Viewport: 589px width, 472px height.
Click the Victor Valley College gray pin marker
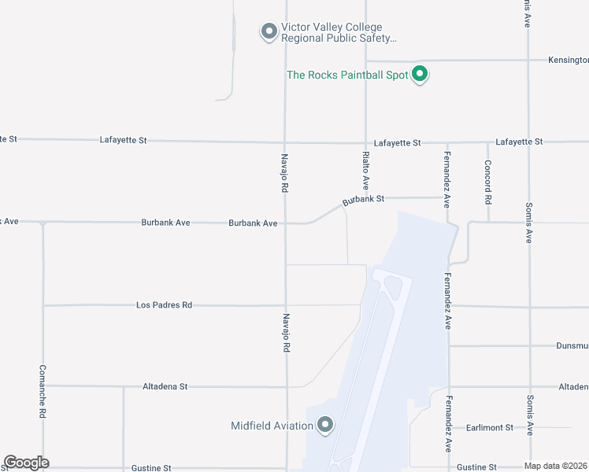[269, 31]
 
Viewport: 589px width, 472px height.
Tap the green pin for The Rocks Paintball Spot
[420, 74]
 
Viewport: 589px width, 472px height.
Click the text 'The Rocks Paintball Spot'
[348, 75]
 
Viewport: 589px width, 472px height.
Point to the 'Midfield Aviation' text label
[272, 426]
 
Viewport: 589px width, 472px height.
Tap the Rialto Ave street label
[366, 171]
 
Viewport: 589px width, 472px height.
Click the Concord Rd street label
[488, 183]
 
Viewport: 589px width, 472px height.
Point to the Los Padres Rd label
[164, 304]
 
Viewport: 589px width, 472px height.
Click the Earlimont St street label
[488, 427]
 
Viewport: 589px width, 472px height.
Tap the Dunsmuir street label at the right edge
[572, 345]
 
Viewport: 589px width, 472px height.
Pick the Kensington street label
[568, 60]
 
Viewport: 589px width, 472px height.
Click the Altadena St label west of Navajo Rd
[165, 387]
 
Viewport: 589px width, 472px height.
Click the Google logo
[26, 463]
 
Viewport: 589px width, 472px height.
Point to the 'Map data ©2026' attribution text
[555, 465]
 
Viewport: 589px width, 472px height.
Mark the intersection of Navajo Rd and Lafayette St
[285, 142]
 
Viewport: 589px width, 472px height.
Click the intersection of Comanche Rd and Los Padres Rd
[43, 305]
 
